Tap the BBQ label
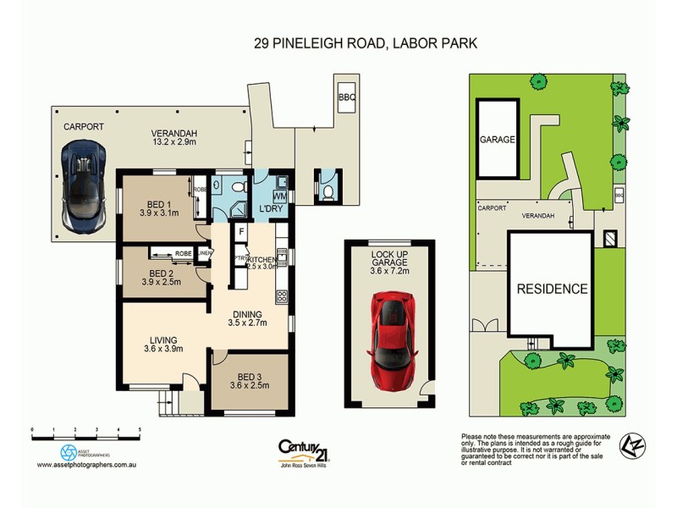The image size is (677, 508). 347,97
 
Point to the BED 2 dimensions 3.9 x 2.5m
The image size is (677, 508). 159,284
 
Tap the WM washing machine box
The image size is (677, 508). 279,197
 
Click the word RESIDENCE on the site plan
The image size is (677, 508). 553,289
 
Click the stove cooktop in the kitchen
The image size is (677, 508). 282,297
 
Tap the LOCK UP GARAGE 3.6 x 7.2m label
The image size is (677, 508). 391,262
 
